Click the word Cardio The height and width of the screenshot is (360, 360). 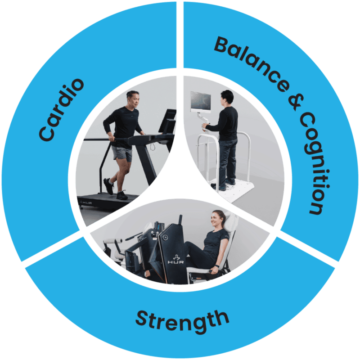point(61,110)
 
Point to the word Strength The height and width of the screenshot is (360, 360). point(182,321)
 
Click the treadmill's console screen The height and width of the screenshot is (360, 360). point(167,121)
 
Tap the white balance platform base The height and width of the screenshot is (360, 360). point(234,190)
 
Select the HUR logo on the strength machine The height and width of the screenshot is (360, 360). point(175,260)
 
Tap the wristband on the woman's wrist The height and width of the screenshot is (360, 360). point(217,266)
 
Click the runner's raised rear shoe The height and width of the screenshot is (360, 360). point(108,186)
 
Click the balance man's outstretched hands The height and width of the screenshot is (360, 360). point(205,127)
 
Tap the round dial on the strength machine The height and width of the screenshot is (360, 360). point(165,238)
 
